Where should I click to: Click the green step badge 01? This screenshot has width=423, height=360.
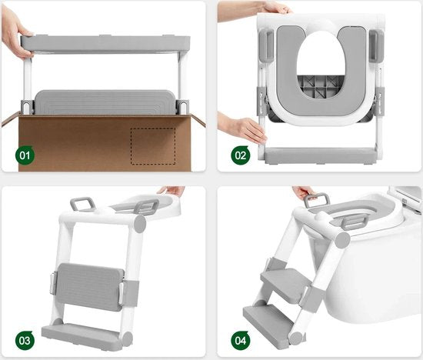point(25,155)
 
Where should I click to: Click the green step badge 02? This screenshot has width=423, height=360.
point(241,155)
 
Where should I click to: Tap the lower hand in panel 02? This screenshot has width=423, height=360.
point(242,127)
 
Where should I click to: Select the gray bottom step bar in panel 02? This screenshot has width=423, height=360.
point(319,154)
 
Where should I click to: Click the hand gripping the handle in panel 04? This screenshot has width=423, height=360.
point(305,192)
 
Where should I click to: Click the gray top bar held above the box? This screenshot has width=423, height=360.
point(104,44)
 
